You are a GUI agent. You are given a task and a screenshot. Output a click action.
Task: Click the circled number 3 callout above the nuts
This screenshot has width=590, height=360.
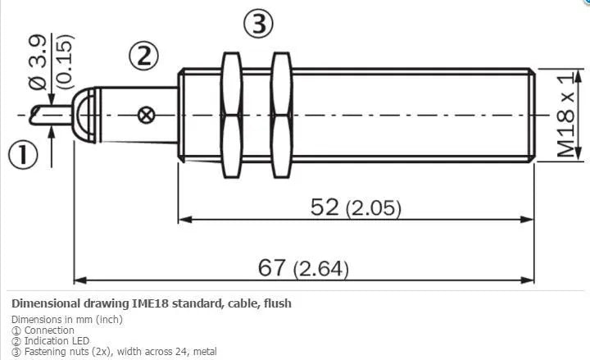(258, 24)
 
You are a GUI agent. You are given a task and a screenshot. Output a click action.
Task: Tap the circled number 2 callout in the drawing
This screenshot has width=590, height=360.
(143, 56)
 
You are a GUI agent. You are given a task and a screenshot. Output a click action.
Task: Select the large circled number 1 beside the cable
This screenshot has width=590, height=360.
(23, 155)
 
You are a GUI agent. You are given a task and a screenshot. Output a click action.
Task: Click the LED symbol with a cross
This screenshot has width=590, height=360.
(146, 116)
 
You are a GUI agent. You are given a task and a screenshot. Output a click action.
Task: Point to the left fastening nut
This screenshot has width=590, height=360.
(231, 115)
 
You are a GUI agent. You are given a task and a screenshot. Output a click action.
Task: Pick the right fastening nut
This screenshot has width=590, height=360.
(281, 115)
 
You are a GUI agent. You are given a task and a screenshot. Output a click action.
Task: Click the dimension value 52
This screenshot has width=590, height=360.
(324, 207)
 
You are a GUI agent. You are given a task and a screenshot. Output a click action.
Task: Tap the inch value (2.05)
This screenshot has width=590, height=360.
(374, 208)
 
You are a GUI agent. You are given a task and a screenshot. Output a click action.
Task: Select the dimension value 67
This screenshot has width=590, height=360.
(271, 267)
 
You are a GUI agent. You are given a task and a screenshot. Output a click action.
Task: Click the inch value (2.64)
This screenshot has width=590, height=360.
(321, 269)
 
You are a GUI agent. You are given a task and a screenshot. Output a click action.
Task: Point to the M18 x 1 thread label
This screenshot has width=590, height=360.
(567, 115)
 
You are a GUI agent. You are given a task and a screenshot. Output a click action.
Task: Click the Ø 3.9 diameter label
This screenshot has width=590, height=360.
(38, 62)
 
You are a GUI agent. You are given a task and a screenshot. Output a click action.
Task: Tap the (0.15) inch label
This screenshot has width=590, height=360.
(65, 62)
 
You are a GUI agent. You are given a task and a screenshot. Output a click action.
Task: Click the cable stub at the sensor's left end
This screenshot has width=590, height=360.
(51, 116)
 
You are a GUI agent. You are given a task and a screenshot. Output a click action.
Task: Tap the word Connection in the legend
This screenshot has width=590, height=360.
(49, 330)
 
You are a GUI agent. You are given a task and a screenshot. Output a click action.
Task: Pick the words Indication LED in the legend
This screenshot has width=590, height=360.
(57, 341)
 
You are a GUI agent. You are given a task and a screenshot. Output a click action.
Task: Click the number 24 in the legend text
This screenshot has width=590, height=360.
(179, 351)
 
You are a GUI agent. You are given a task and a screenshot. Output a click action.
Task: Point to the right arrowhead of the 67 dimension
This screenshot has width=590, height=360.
(528, 280)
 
